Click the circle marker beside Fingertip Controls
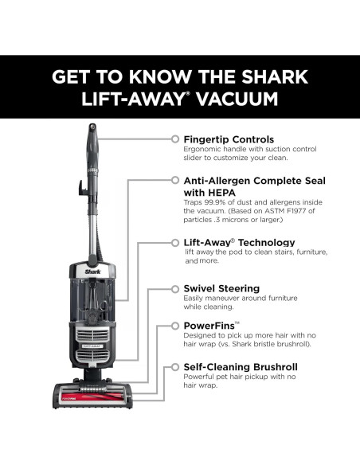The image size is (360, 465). [x=176, y=139]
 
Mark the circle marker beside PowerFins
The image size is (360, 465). [x=176, y=326]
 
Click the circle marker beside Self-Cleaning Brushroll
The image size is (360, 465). [x=176, y=366]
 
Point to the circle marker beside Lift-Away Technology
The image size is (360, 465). [x=176, y=242]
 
